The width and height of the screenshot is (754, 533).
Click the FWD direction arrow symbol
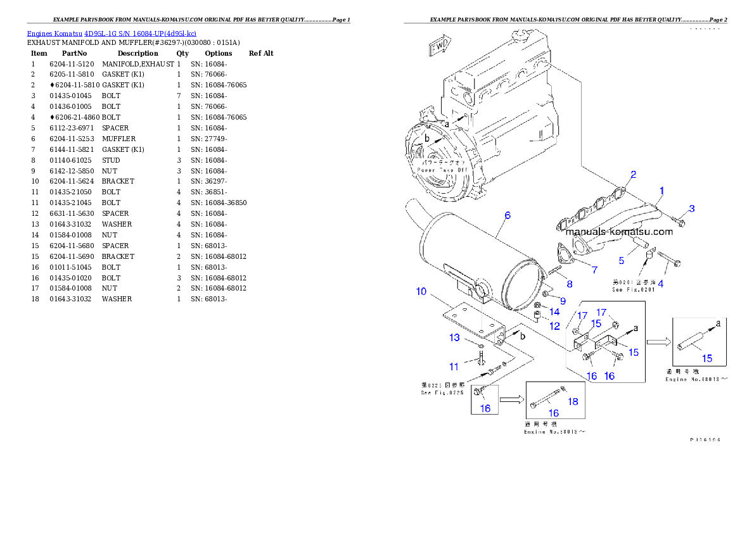coord(439,46)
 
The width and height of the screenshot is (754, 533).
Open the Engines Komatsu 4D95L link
coord(112,33)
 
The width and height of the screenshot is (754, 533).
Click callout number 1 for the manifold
coord(661,190)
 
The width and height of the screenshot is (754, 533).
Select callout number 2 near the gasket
coord(632,174)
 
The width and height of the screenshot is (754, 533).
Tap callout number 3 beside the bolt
coord(692,208)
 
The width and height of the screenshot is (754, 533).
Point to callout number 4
coord(660,284)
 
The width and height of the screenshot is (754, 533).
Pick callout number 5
coord(621,261)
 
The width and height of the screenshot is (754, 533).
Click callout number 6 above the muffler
coord(507,215)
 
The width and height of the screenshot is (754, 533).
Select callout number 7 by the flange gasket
coord(594,270)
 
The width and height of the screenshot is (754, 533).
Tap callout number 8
coord(569,284)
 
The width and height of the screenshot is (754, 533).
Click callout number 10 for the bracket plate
coord(421,291)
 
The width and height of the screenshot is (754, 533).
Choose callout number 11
coord(454,367)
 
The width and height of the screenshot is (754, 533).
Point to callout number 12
coord(554,326)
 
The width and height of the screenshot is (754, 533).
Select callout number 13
coord(454,337)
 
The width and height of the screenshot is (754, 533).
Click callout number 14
coord(554,311)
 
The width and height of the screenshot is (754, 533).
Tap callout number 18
coord(573,401)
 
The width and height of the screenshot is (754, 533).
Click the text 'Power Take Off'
coord(442,170)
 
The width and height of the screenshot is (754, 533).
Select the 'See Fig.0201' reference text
coord(633,290)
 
